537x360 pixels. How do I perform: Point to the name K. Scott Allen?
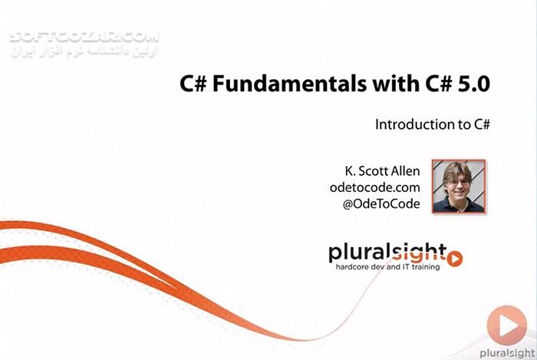(x=382, y=170)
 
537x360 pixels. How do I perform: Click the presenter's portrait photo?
(x=458, y=186)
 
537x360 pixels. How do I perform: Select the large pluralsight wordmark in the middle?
(x=387, y=253)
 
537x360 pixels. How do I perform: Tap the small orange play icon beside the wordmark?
(x=455, y=259)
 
